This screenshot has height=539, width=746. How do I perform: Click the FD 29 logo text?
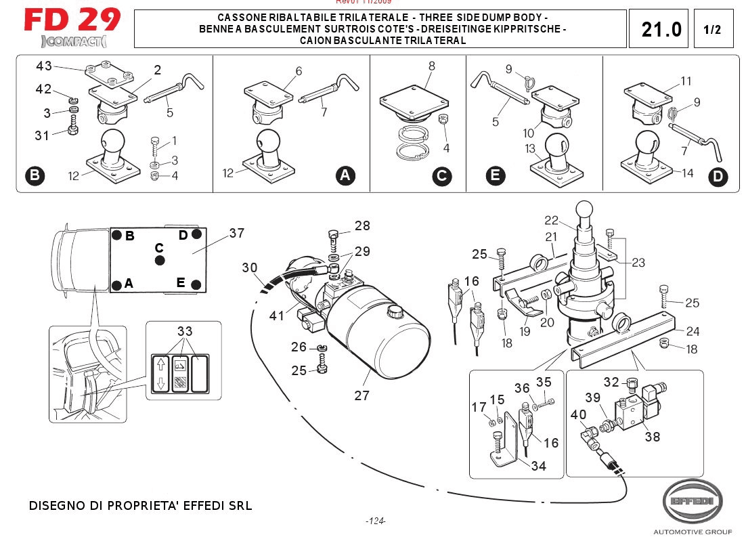[x=72, y=20]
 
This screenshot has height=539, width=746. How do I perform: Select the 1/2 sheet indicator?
[x=712, y=30]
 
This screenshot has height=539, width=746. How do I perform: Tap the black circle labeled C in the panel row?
[x=441, y=176]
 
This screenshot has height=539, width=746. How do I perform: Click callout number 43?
[x=44, y=66]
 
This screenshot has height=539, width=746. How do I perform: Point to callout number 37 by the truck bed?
[x=236, y=233]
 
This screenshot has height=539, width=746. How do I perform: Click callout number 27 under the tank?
[x=361, y=395]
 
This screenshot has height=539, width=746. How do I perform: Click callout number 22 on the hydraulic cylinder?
[x=552, y=220]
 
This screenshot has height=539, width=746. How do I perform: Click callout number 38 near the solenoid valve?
[x=652, y=437]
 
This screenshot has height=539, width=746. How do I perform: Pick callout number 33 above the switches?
[x=185, y=331]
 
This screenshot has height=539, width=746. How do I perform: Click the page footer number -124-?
[x=375, y=521]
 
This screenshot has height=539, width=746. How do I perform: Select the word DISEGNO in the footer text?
[x=56, y=506]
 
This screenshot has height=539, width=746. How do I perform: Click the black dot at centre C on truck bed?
[x=159, y=260]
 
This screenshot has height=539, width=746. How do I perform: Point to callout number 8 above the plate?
[x=431, y=66]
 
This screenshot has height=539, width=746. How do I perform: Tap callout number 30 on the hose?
[x=250, y=267]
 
